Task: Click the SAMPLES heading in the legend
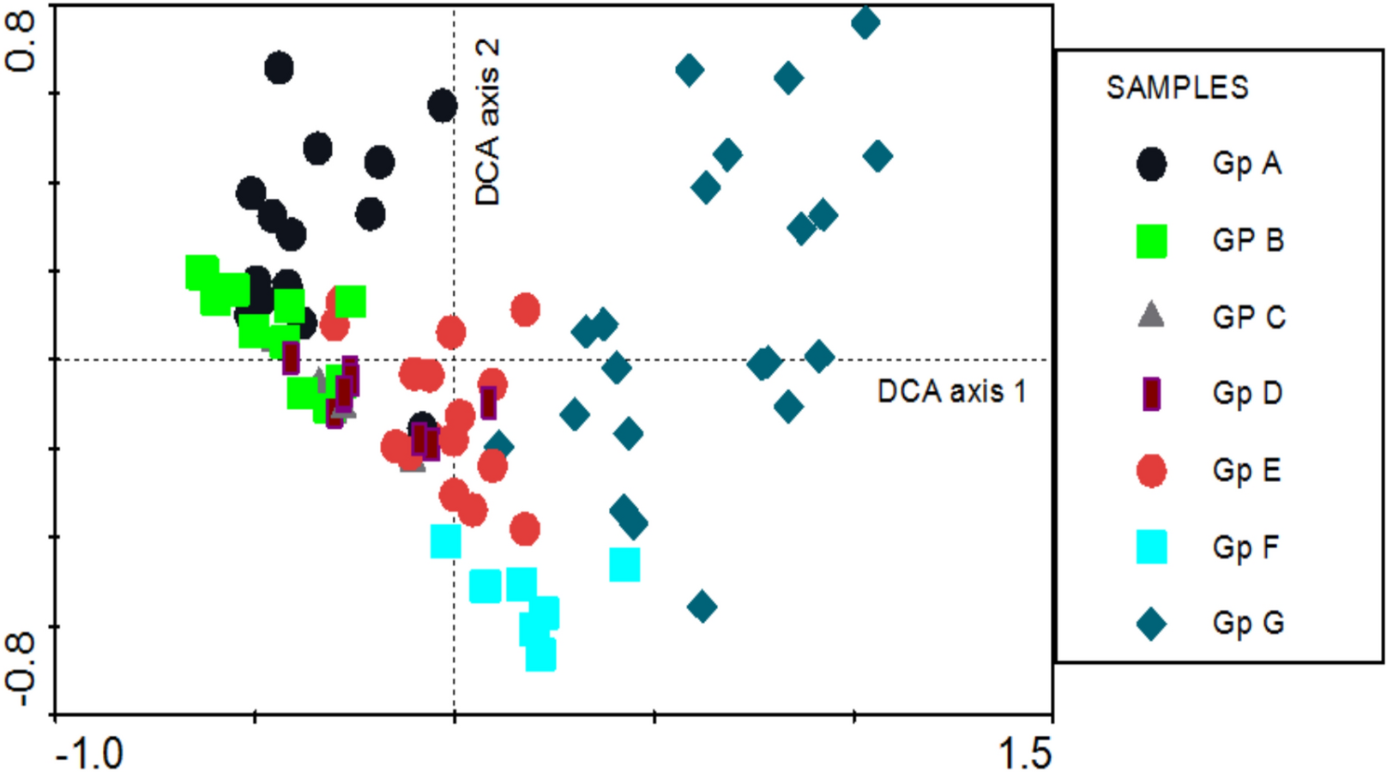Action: (1177, 87)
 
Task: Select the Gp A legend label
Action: (1246, 163)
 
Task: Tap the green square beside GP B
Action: (1151, 241)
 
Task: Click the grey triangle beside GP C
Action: (1150, 316)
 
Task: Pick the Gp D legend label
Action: (1246, 393)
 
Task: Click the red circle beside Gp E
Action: (1151, 470)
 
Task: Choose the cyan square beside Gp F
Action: (1151, 546)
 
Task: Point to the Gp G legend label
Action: (1247, 623)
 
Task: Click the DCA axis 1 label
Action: (951, 392)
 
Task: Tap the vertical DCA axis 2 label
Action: (487, 122)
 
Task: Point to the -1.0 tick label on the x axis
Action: (89, 753)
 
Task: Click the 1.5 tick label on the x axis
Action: (1024, 753)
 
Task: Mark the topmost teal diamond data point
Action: (865, 22)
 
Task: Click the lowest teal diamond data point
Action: (702, 607)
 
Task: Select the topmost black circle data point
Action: (279, 68)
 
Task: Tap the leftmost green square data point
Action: (202, 272)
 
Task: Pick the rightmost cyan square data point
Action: (624, 564)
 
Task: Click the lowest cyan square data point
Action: (540, 654)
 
